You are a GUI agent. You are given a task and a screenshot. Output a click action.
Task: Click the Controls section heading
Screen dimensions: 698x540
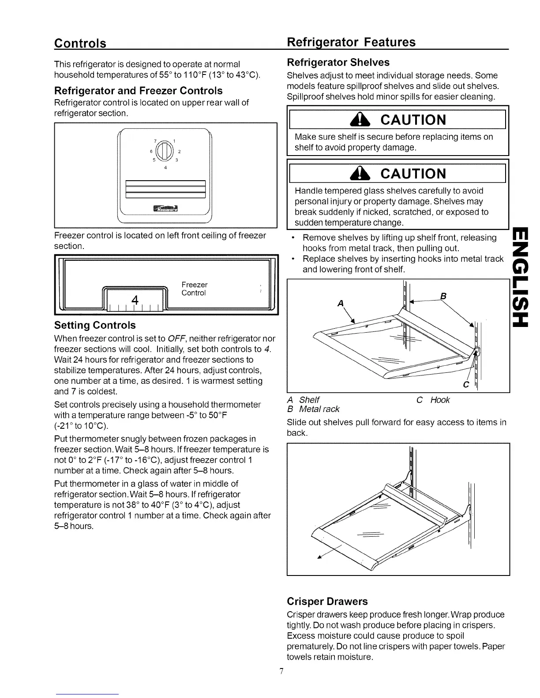(x=80, y=43)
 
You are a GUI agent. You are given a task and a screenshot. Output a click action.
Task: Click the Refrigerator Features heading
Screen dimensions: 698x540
(x=351, y=42)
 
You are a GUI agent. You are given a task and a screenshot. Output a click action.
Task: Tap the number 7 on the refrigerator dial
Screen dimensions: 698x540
(x=155, y=141)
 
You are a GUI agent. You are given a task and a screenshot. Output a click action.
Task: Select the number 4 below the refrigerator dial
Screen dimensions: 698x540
(x=165, y=167)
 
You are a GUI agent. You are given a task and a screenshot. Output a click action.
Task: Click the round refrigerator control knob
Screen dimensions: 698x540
(x=165, y=151)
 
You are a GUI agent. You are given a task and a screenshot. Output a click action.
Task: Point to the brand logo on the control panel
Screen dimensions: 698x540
(x=165, y=208)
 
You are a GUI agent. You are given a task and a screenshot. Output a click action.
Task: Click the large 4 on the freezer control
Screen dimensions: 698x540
(x=135, y=300)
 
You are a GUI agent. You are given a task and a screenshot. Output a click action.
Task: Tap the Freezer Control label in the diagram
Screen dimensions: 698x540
(x=194, y=289)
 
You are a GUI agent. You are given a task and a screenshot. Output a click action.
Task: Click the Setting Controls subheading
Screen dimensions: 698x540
(x=95, y=325)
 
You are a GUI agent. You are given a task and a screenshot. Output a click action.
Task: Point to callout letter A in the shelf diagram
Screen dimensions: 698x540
(x=340, y=304)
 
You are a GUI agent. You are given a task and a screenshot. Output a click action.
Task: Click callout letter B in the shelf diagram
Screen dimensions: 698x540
(x=444, y=296)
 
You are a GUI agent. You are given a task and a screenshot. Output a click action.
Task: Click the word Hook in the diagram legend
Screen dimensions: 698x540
(x=440, y=400)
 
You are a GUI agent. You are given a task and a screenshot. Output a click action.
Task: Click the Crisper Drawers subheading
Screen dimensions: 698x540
(x=327, y=601)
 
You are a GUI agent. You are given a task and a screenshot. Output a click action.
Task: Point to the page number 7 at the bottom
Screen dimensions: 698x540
(x=281, y=671)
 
